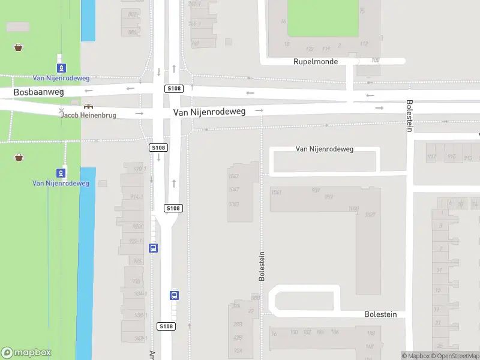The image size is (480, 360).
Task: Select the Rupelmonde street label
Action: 316,62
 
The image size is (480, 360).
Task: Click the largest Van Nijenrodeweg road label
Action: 209,112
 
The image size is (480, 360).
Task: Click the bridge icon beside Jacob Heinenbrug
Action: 89,106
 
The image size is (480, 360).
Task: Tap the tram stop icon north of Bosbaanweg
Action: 61,68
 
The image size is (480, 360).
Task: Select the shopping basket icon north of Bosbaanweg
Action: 19,47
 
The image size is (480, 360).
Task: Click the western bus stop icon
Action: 154,248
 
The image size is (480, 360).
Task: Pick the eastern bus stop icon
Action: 174,295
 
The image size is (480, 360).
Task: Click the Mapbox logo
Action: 26,353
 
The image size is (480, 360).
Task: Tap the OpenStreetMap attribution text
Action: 456,356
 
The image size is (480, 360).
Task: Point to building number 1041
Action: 277,192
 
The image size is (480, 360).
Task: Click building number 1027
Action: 370,215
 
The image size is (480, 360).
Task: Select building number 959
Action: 329,197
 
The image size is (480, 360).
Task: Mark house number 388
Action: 256,298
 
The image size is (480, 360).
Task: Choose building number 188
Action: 371,334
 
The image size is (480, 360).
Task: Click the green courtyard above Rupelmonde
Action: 324,18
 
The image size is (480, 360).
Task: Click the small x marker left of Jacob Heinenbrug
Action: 61,111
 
